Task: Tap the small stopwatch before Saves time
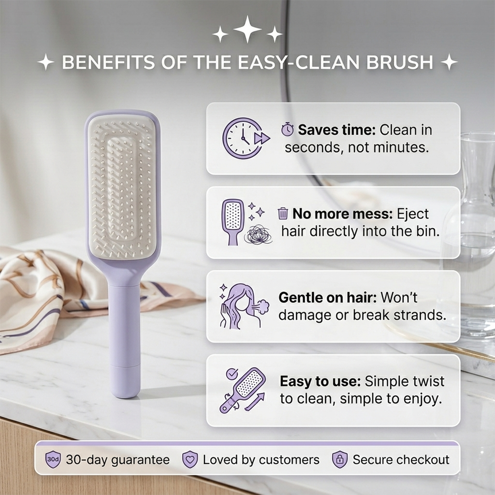click(x=287, y=130)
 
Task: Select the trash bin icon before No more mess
click(x=283, y=214)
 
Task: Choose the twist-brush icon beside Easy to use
click(x=243, y=390)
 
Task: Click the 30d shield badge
click(x=53, y=460)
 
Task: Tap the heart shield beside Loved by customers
click(x=190, y=460)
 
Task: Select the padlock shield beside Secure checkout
click(x=340, y=460)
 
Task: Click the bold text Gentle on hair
click(x=327, y=298)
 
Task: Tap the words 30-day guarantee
click(x=118, y=460)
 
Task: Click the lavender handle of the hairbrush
click(x=124, y=339)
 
